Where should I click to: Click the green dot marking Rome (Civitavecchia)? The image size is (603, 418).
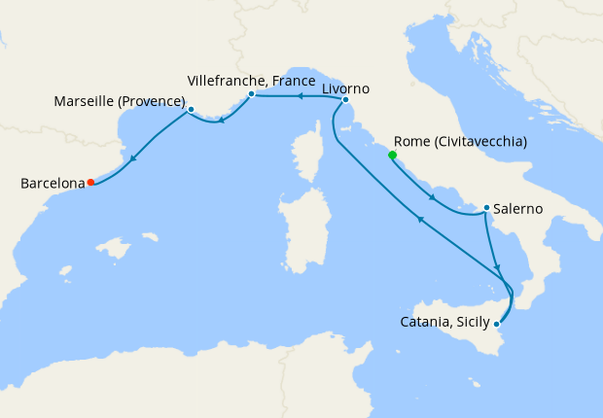(393, 155)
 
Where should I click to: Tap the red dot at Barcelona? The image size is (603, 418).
(90, 182)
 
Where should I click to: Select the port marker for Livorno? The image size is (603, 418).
(345, 99)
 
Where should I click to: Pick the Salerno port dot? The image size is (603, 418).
(485, 207)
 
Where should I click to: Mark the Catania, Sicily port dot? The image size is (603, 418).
(497, 323)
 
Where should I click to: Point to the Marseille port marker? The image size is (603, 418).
(191, 109)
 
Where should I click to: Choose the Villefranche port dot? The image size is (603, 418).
(251, 94)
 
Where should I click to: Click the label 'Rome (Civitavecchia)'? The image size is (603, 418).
(460, 141)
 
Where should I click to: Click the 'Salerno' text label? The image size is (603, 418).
(518, 208)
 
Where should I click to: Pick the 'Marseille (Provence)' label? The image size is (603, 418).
(120, 100)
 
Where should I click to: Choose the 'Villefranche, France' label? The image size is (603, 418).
(251, 81)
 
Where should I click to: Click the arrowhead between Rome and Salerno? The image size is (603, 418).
(431, 197)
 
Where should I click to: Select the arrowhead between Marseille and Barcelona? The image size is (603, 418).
(132, 157)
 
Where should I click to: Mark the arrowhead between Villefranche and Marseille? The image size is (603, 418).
(223, 121)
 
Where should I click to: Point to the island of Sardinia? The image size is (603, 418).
(299, 232)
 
